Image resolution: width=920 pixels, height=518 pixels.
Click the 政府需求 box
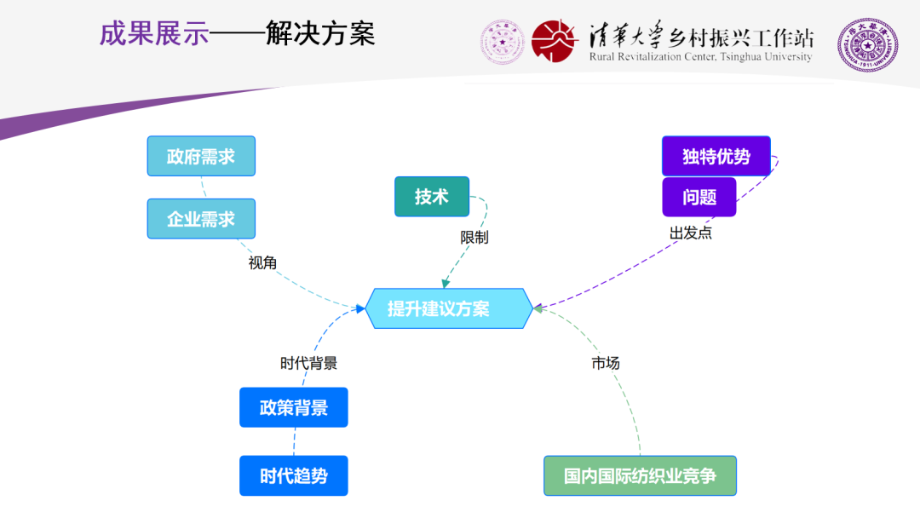(201, 156)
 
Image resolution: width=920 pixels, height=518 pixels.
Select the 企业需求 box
(201, 219)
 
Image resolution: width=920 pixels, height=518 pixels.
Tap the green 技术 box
(432, 197)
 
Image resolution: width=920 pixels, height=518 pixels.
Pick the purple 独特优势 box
(716, 157)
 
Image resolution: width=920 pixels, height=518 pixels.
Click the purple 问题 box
(699, 197)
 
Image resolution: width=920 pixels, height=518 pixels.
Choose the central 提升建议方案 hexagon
(449, 308)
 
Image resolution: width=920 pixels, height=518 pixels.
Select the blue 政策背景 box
(293, 407)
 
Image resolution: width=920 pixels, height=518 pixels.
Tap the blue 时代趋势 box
(293, 475)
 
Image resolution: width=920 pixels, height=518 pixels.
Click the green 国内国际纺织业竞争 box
(640, 475)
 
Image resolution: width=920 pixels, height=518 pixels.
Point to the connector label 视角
(262, 263)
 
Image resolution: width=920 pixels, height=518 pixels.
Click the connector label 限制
(474, 238)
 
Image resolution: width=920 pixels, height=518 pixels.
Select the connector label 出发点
(690, 233)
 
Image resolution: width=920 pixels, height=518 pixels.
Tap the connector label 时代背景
(308, 363)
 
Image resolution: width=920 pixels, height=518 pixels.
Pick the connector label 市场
(606, 363)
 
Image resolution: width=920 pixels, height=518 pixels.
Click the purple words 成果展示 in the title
(154, 34)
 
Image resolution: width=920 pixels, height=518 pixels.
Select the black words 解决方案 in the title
(320, 34)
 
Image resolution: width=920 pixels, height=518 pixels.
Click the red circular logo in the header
(555, 40)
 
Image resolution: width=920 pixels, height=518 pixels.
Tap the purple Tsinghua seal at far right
(867, 43)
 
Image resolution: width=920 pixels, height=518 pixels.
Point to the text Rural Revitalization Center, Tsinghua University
(700, 57)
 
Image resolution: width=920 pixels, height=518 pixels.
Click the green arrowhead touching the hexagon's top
(444, 284)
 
